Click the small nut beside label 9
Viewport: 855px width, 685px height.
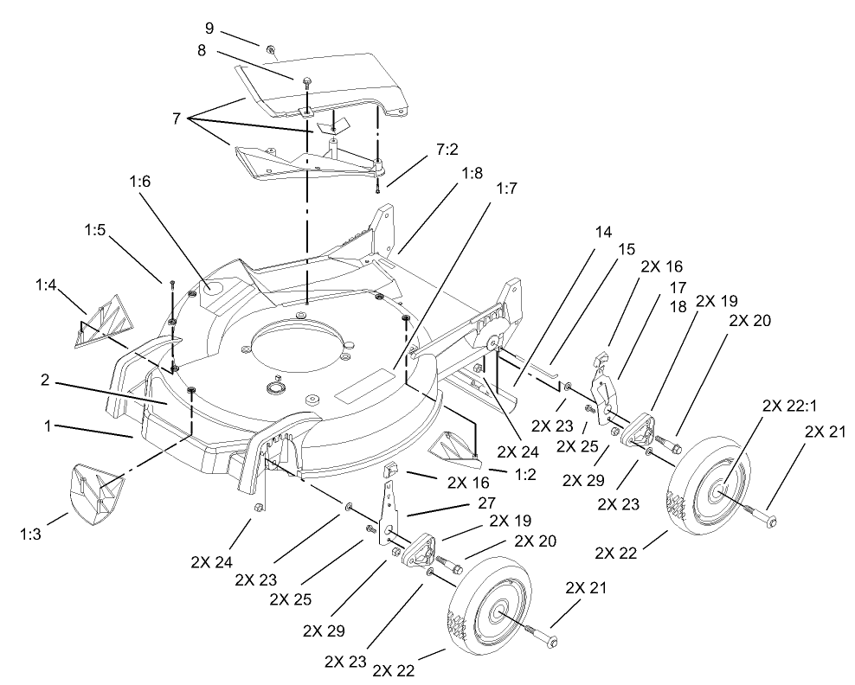coord(270,50)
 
